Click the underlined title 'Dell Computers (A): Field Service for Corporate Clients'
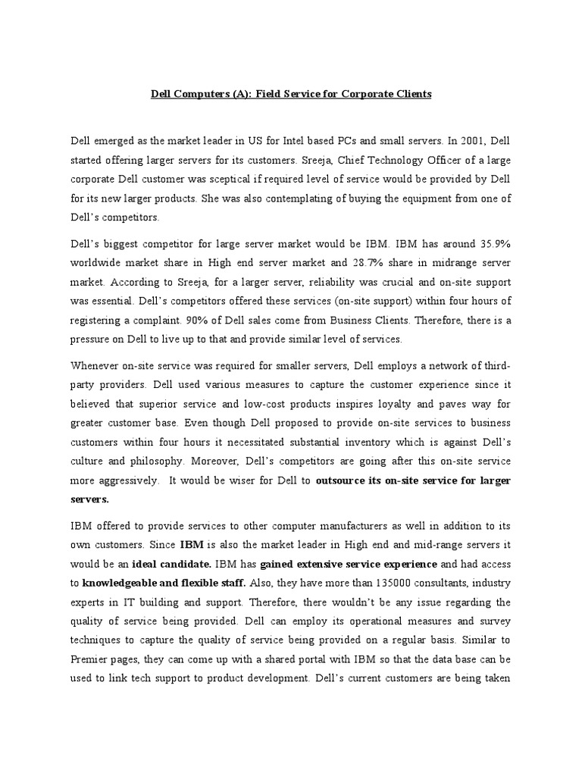[290, 94]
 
